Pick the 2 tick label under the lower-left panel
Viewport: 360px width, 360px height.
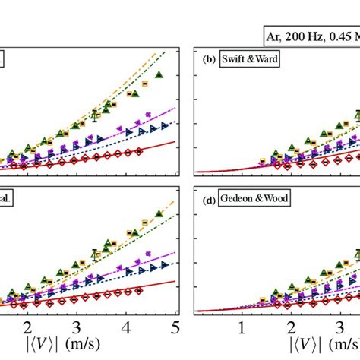pyautogui.click(x=29, y=327)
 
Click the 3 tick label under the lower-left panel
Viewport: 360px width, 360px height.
pyautogui.click(x=77, y=327)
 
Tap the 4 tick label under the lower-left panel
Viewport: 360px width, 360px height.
pyautogui.click(x=126, y=327)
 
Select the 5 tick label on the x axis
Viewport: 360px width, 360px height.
pyautogui.click(x=175, y=327)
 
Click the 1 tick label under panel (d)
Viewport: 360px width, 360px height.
pyautogui.click(x=242, y=327)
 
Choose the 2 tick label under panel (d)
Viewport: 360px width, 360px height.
pyautogui.click(x=291, y=327)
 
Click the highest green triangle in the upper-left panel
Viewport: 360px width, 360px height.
pyautogui.click(x=159, y=75)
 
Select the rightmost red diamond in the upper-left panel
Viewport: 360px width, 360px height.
pyautogui.click(x=138, y=151)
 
